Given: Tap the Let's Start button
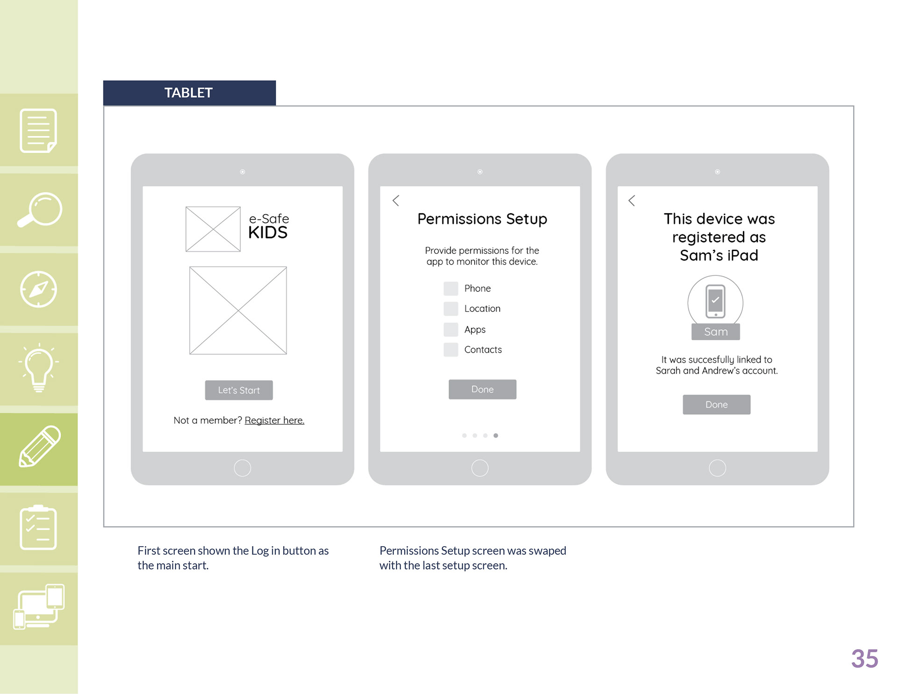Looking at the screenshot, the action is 239,390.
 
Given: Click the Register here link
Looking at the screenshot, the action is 274,420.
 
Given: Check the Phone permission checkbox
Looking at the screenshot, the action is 451,289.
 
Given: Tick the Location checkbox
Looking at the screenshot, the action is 451,309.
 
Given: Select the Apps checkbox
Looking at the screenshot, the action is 451,329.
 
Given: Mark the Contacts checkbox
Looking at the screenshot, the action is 451,349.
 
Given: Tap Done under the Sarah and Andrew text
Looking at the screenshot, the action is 717,405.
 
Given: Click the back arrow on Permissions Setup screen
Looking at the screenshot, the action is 396,201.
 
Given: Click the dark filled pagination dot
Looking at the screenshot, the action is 496,435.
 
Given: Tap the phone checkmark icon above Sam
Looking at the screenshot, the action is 715,301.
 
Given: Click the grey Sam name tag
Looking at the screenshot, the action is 716,332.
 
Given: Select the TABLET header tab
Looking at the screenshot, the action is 189,93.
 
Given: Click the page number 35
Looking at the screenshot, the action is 865,658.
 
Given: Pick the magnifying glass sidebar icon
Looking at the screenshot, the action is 40,210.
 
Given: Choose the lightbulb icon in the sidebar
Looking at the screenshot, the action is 39,368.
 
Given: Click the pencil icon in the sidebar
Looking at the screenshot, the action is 40,446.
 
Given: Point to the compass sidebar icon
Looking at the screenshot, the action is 39,289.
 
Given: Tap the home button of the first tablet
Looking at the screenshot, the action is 242,468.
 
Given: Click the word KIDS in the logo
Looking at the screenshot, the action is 268,232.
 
